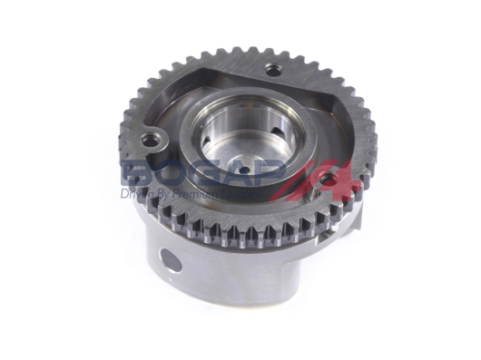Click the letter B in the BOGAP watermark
[139, 173]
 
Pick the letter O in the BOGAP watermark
[173, 173]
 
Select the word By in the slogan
[165, 193]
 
